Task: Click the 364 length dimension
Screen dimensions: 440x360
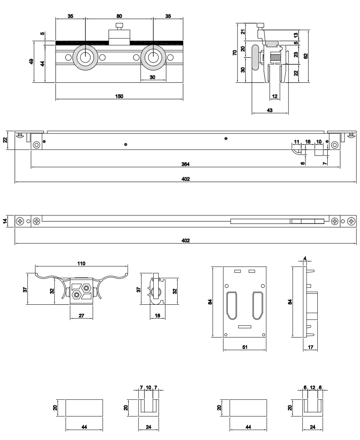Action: [x=185, y=164]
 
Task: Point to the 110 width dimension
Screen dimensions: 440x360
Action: [x=81, y=263]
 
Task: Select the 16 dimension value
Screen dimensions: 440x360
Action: [x=308, y=141]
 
